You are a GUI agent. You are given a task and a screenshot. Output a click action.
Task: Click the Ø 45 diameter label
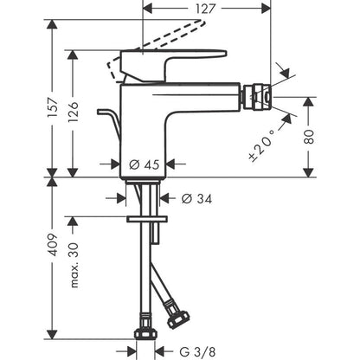coord(144,163)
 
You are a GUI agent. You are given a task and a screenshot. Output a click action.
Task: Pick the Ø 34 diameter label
coord(196,198)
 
